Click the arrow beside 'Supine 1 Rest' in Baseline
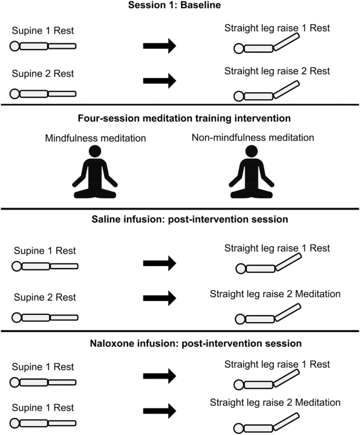pyautogui.click(x=159, y=46)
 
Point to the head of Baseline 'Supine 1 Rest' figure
pyautogui.click(x=14, y=46)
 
